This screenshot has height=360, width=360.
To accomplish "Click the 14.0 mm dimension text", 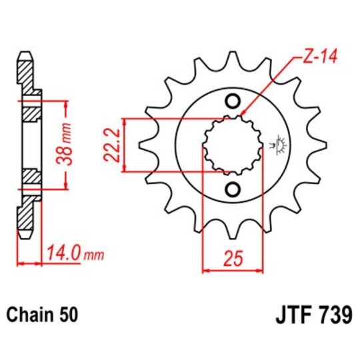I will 75,253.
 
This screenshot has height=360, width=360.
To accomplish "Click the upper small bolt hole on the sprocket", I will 233,101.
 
